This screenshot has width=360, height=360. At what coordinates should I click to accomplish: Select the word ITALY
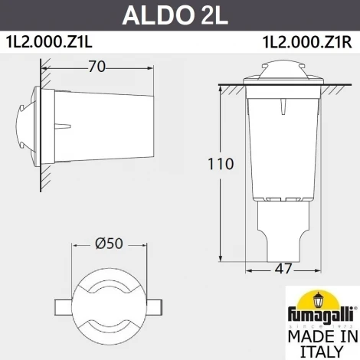pyautogui.click(x=319, y=352)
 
